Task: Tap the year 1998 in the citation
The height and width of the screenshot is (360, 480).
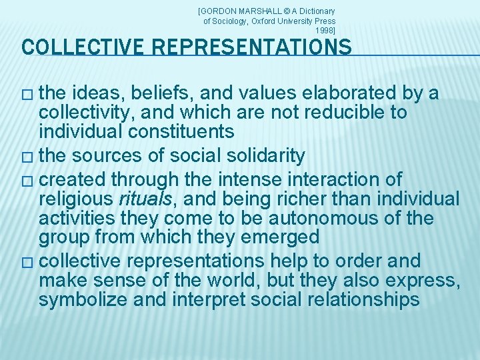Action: (x=325, y=31)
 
